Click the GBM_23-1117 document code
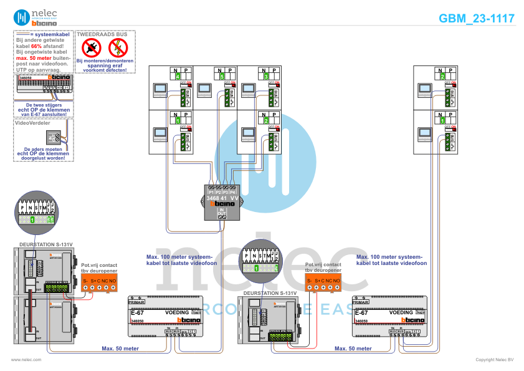(477, 18)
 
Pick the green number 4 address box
(178, 76)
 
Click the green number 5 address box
(222, 76)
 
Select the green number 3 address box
(267, 76)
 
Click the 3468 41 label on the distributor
(216, 198)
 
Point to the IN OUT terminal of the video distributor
(222, 213)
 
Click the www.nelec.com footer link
(26, 360)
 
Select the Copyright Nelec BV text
(494, 360)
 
